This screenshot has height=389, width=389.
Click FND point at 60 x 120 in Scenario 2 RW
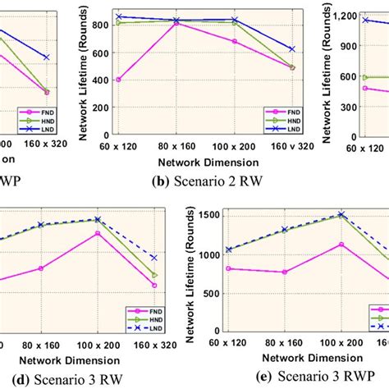pyautogui.click(x=119, y=80)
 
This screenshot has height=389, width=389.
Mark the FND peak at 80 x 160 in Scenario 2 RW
pyautogui.click(x=177, y=24)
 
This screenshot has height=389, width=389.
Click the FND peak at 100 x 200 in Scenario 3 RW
pyautogui.click(x=98, y=233)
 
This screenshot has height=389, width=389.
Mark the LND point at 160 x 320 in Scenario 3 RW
pyautogui.click(x=154, y=258)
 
